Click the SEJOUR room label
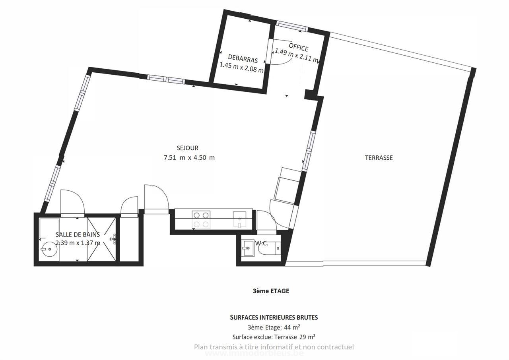coord(187,148)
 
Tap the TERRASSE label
coord(379,158)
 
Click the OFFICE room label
coord(298,46)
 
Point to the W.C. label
coord(261,243)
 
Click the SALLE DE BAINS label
coord(78,234)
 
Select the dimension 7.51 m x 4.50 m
coord(189,157)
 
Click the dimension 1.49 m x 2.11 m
coord(297,56)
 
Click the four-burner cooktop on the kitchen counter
coord(201,220)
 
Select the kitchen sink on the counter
coord(239,220)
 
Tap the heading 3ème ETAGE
coord(271,291)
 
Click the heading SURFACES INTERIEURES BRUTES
coord(274,317)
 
